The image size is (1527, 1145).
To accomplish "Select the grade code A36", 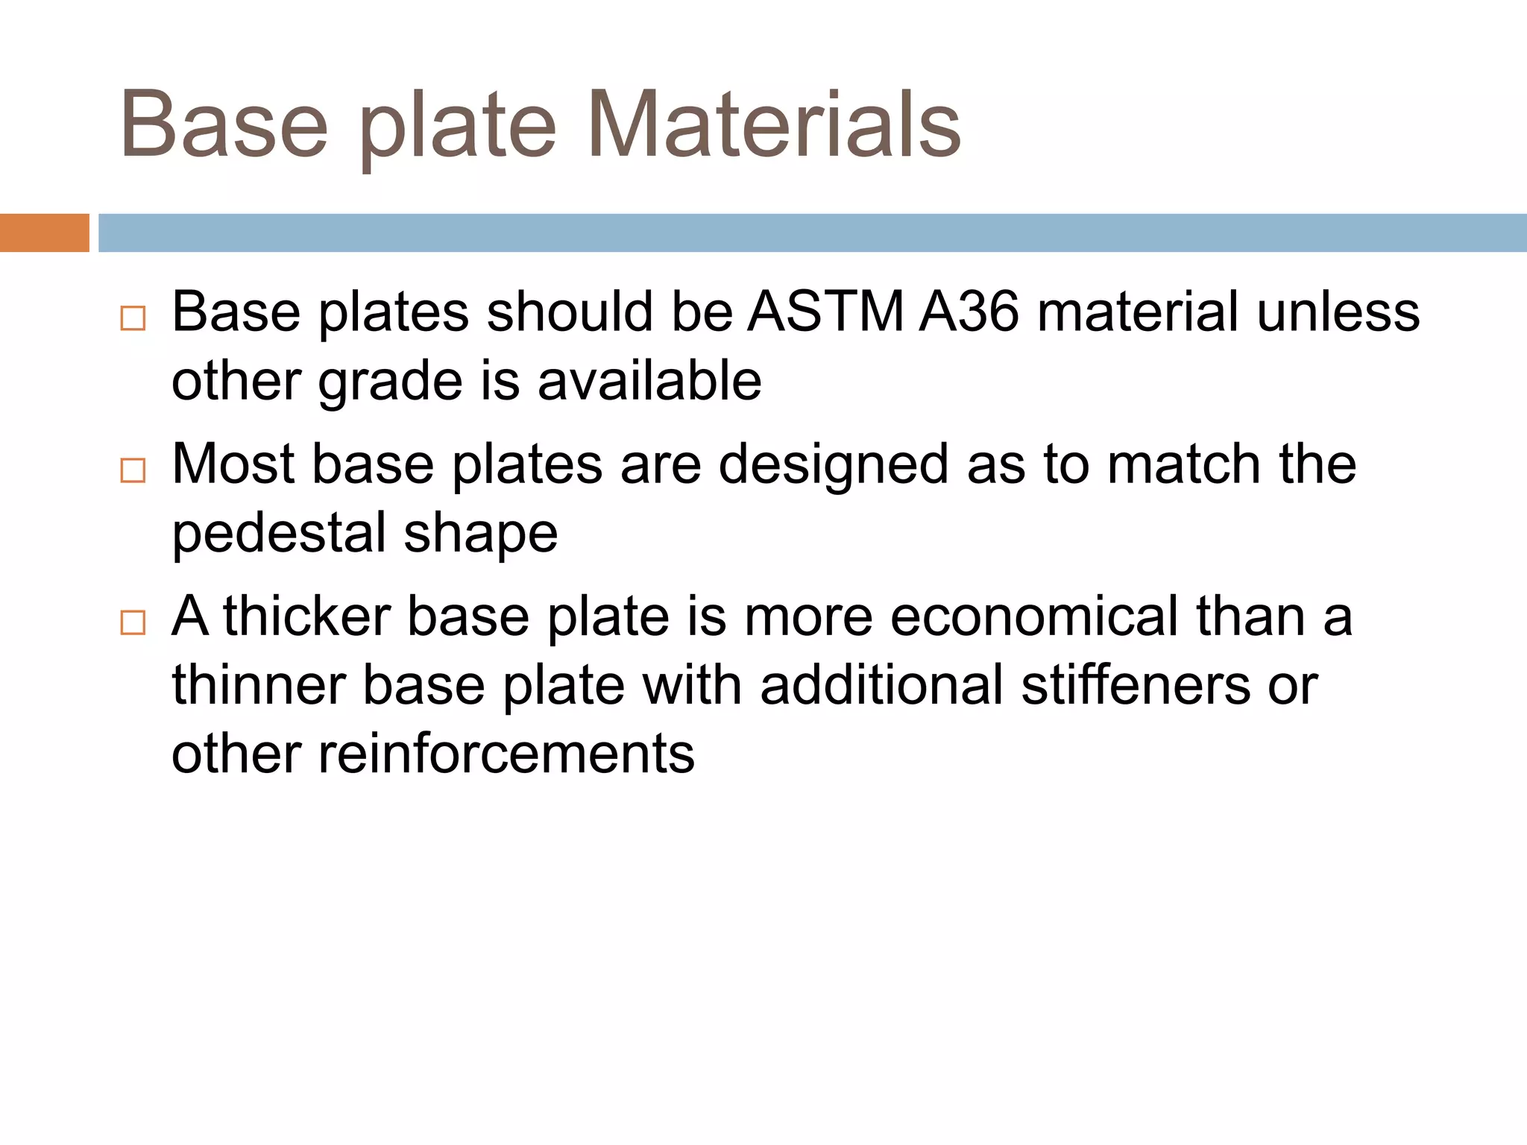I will coord(969,312).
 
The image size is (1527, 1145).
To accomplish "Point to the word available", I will coord(649,381).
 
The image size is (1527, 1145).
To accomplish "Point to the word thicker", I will coord(306,617).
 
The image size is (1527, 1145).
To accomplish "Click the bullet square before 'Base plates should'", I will coord(133,319).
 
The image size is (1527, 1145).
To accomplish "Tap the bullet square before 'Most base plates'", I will coord(133,471).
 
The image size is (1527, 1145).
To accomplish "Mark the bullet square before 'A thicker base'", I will coord(133,623).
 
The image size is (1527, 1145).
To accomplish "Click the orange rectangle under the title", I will coord(44,233).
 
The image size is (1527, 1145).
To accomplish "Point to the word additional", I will coord(881,686).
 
